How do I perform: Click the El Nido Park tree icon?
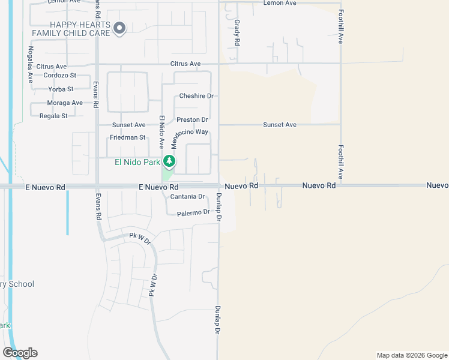[x=170, y=161]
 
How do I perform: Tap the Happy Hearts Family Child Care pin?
[x=119, y=28]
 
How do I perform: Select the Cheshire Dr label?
[x=196, y=96]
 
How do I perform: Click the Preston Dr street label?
[x=192, y=120]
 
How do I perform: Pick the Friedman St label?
[x=127, y=137]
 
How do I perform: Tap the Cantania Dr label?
[x=187, y=197]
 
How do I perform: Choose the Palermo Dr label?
[x=193, y=212]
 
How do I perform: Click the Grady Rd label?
[x=237, y=32]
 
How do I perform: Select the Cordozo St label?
[x=60, y=76]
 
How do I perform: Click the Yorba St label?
[x=61, y=89]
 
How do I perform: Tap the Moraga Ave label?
[x=65, y=103]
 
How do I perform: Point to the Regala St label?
[x=53, y=116]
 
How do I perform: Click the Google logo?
[x=20, y=353]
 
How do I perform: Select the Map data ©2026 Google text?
[x=411, y=355]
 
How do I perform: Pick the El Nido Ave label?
[x=161, y=132]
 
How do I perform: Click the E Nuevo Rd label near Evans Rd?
[x=44, y=187]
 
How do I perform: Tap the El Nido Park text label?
[x=137, y=162]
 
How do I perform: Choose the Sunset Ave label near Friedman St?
[x=128, y=125]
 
